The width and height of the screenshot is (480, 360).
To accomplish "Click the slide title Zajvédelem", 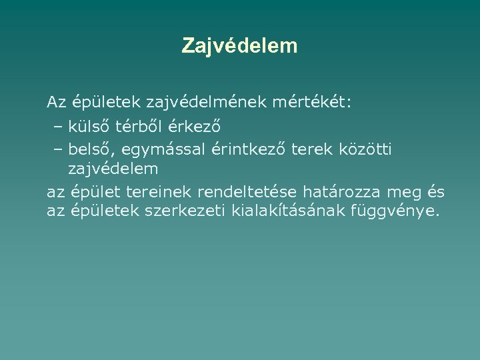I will (x=239, y=46).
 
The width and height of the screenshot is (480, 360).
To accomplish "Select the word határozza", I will (x=343, y=193).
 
